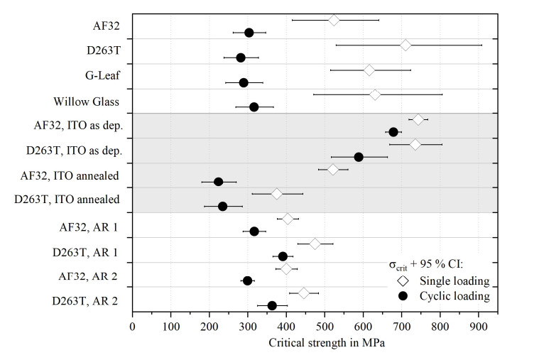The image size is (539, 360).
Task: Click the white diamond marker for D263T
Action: point(405,45)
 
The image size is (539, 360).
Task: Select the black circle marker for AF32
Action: point(249,33)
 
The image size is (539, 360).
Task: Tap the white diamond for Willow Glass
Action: point(375,94)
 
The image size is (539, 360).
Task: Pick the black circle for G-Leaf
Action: point(244,82)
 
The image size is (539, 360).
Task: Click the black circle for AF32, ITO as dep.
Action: point(393,132)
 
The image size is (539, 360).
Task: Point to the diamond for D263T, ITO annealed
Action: point(277,194)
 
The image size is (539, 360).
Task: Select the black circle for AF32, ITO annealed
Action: point(219,182)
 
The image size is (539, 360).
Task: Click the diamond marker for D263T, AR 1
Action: point(315,244)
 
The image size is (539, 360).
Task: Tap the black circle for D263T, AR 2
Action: point(272,305)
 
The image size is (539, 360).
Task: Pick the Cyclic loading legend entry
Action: point(454,295)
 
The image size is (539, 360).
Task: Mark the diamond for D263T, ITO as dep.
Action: point(415,144)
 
